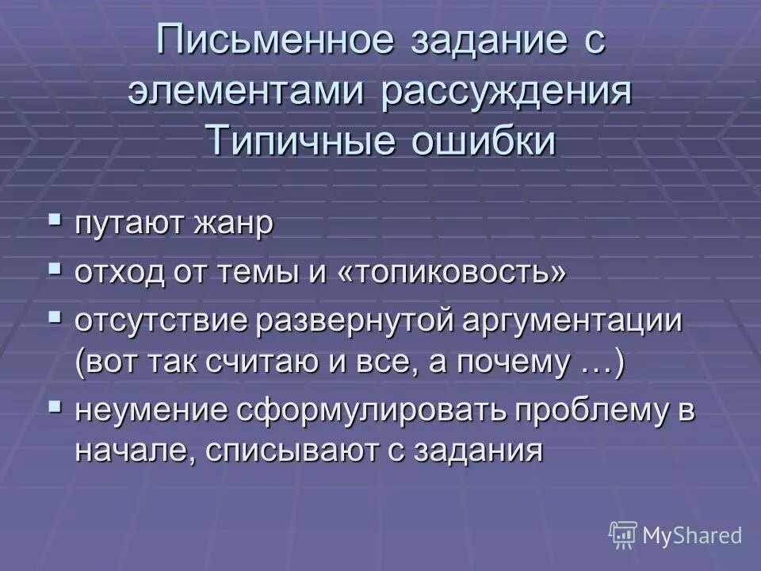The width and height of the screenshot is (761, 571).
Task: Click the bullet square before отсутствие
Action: coord(55,317)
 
